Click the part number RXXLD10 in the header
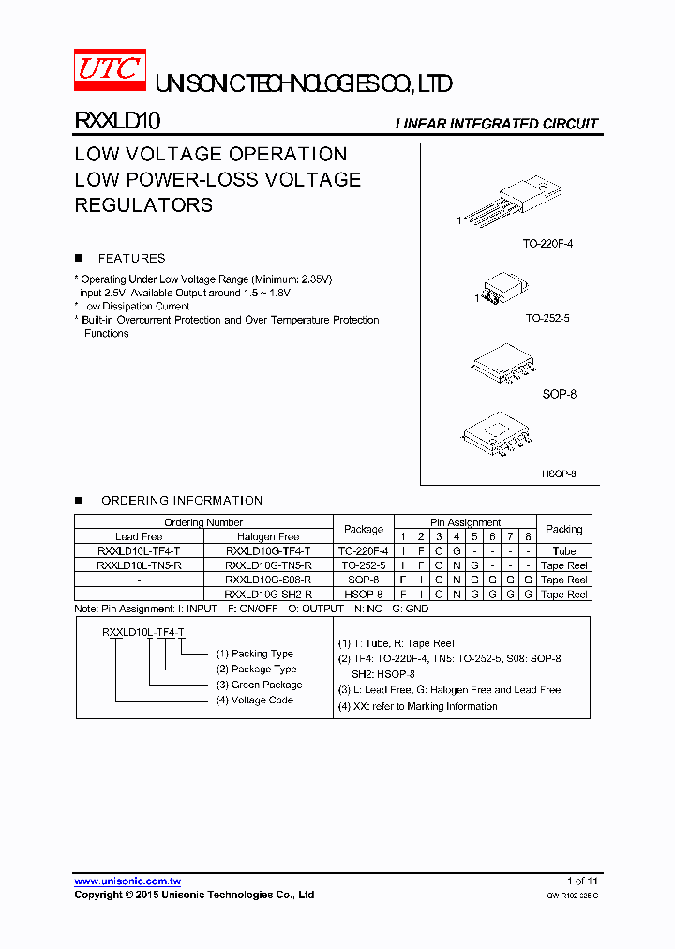117,121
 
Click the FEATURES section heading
131,258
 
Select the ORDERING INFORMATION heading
182,501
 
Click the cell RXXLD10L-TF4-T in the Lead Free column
139,551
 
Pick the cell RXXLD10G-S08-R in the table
268,580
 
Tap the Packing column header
563,529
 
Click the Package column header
364,529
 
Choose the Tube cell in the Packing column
563,551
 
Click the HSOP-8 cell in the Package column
364,595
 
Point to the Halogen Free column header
268,537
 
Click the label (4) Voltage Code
255,700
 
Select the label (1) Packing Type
255,654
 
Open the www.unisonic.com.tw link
127,881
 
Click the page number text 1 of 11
582,881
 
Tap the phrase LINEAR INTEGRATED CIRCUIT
496,124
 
